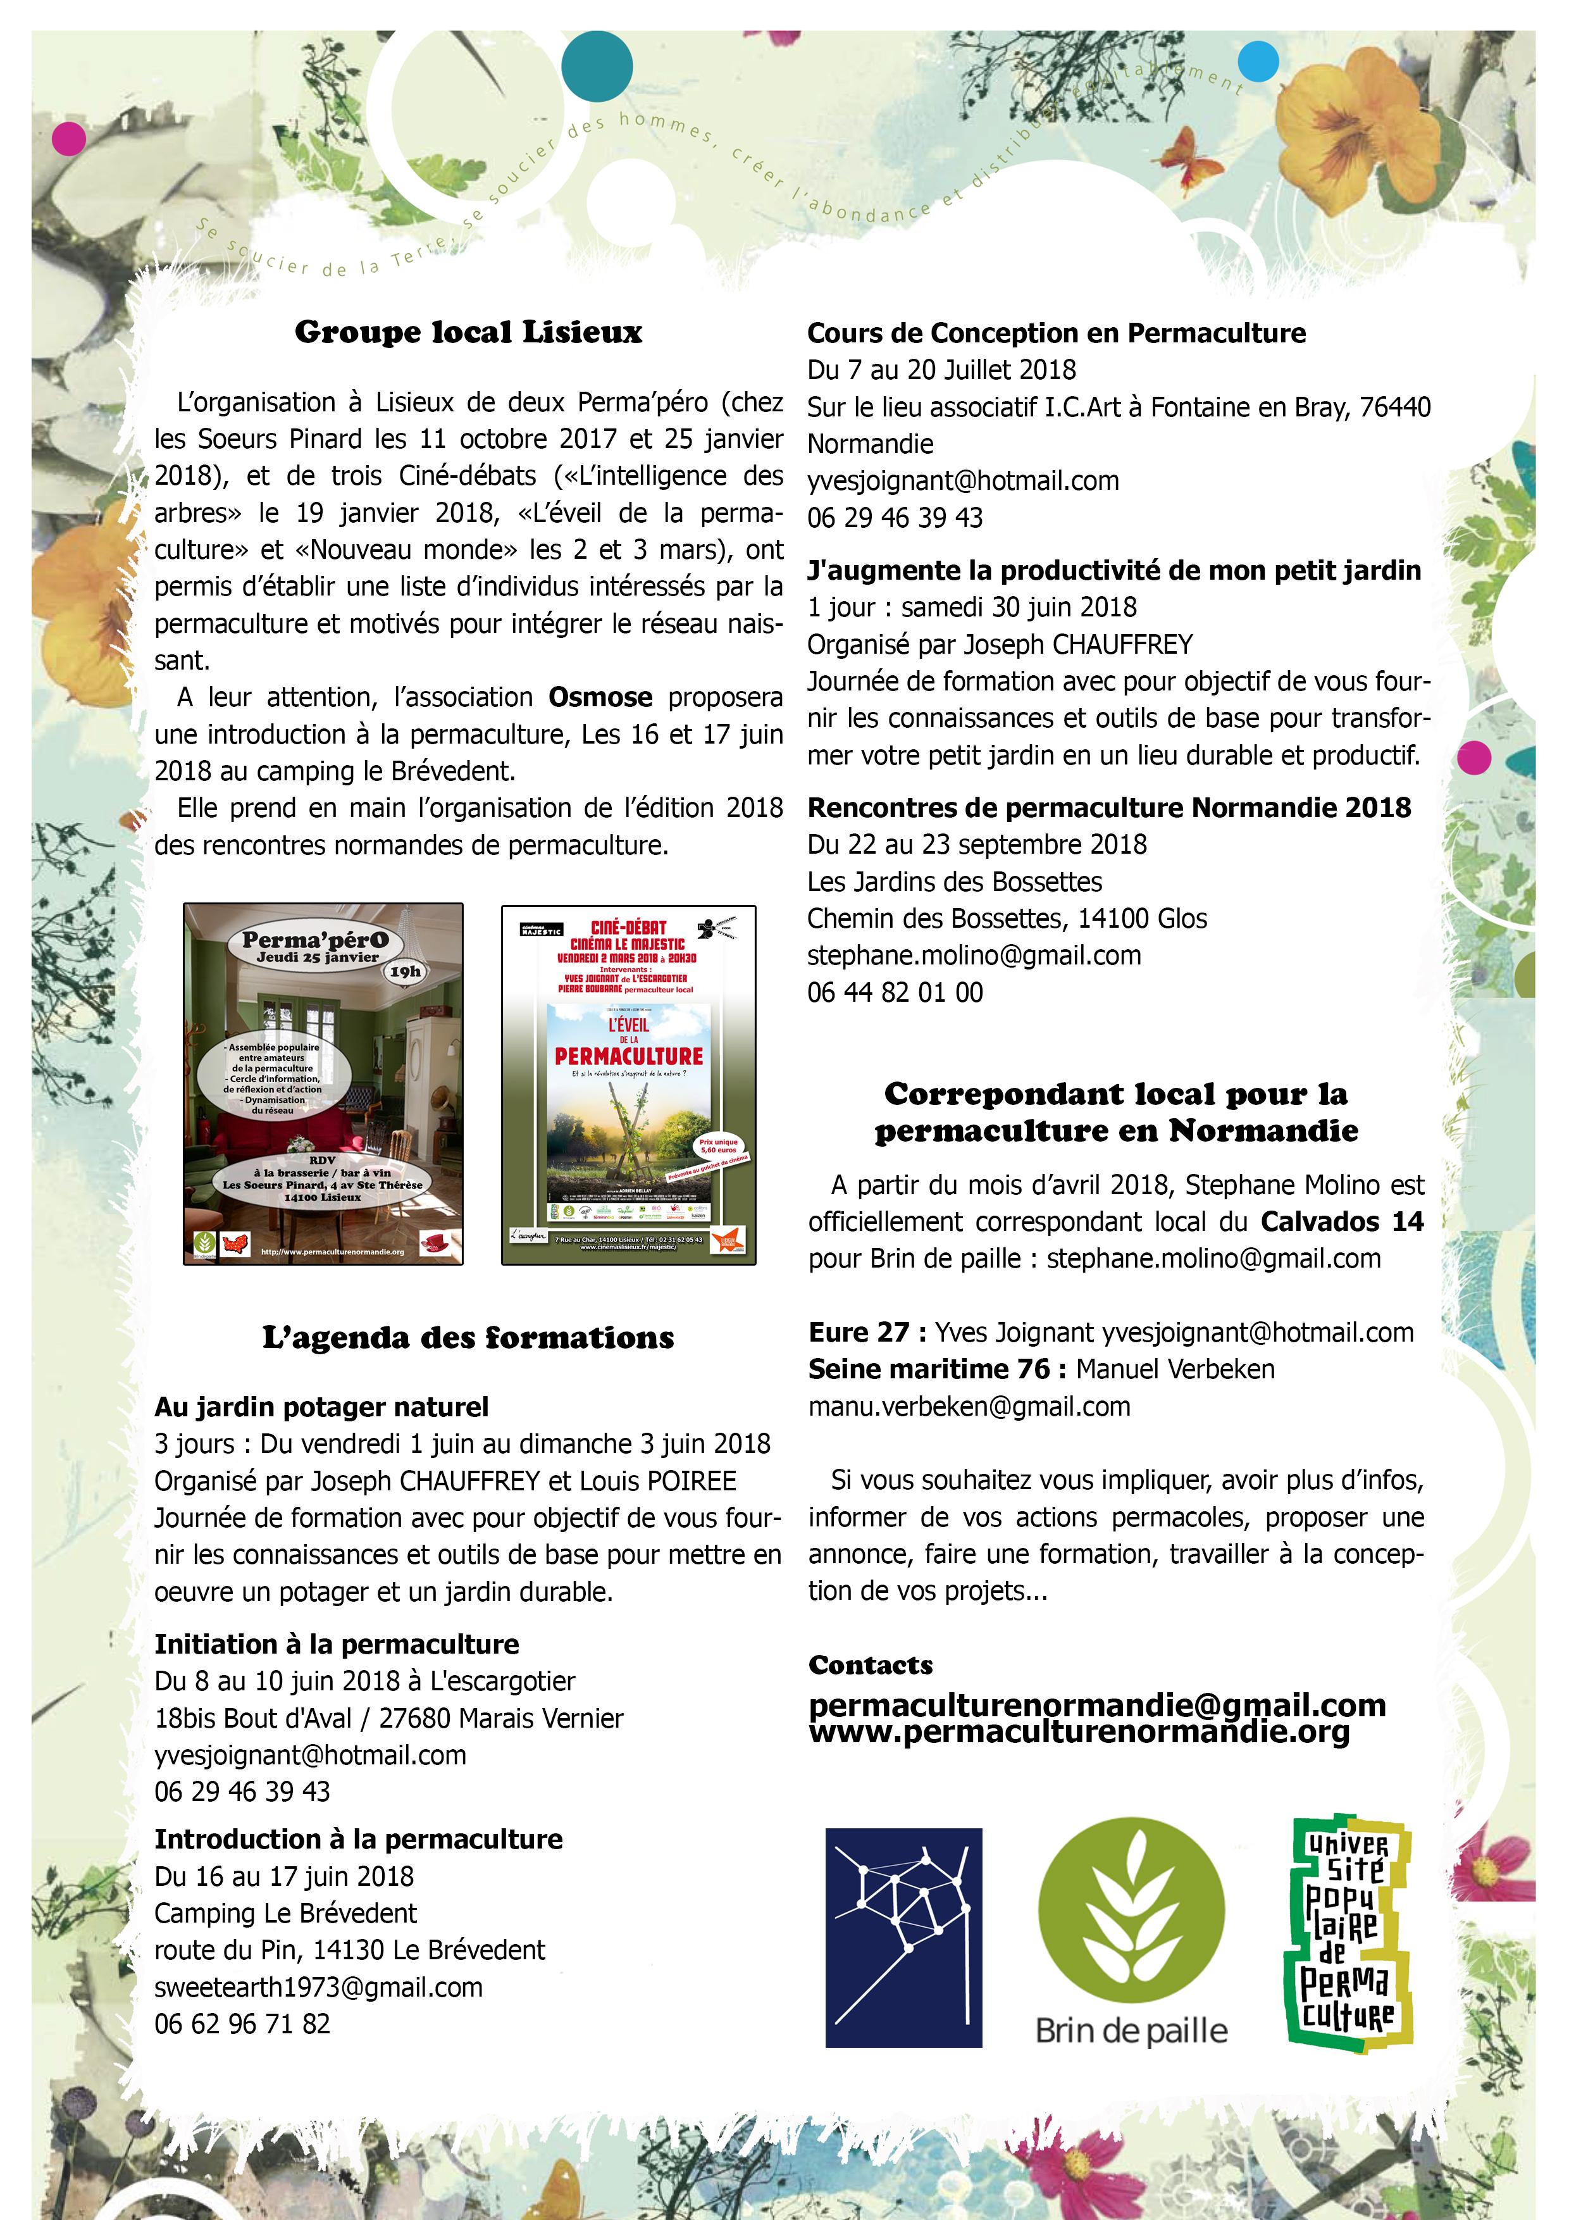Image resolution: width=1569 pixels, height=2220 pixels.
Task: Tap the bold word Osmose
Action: pyautogui.click(x=600, y=697)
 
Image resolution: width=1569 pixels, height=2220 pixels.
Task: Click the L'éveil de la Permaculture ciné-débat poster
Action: pyautogui.click(x=628, y=1084)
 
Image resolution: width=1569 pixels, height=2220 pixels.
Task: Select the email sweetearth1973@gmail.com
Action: pyautogui.click(x=318, y=1987)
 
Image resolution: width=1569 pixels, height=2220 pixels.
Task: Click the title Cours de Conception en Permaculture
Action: pyautogui.click(x=1056, y=334)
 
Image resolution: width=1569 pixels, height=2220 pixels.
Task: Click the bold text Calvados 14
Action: pyautogui.click(x=1342, y=1221)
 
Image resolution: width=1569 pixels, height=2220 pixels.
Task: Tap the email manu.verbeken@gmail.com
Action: pyautogui.click(x=969, y=1406)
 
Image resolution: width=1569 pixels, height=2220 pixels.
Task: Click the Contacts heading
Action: pyautogui.click(x=870, y=1665)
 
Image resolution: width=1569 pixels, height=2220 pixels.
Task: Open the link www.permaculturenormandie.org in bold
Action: pyautogui.click(x=1079, y=1731)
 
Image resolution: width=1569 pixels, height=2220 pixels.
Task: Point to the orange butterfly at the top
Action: pyautogui.click(x=1188, y=153)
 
